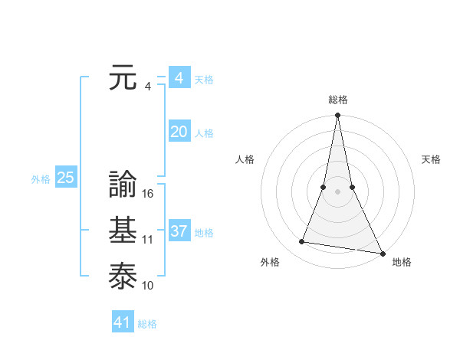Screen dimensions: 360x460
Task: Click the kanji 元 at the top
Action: click(123, 79)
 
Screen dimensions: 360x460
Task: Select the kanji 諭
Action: click(123, 185)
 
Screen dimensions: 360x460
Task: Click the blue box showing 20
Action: click(179, 132)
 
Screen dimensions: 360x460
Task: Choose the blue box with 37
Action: click(179, 231)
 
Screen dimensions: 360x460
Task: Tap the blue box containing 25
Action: click(66, 178)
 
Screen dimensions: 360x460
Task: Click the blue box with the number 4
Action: click(179, 78)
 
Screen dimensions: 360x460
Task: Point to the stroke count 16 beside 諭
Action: click(148, 194)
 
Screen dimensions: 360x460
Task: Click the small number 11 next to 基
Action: click(148, 240)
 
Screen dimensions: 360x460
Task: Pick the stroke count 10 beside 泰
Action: click(148, 286)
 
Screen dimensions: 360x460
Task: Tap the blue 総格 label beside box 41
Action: click(147, 324)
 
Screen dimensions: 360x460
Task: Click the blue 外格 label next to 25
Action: click(41, 179)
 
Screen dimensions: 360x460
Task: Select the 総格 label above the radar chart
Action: click(337, 100)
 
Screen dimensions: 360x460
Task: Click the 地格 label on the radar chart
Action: click(402, 262)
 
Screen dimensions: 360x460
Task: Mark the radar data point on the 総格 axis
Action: click(337, 116)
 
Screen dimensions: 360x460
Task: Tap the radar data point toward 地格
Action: click(382, 253)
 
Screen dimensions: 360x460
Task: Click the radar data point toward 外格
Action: click(302, 242)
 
